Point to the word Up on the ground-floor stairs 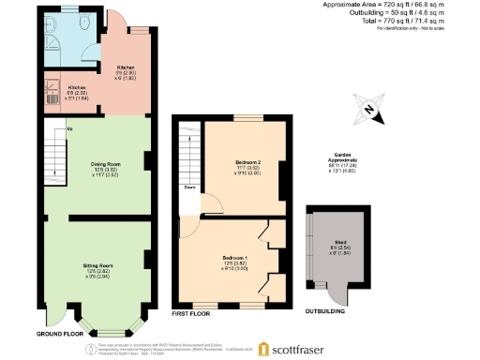coord(69,129)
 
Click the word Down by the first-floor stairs coord(189,187)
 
